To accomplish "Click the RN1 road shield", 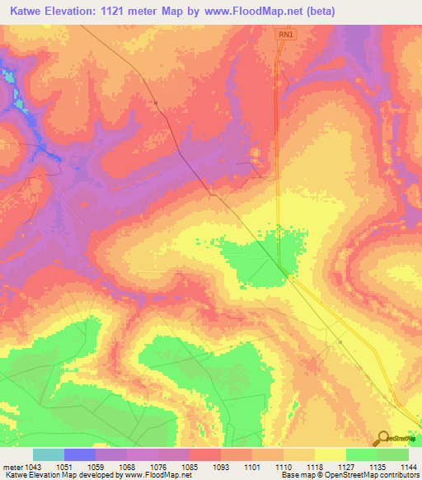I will (x=285, y=35).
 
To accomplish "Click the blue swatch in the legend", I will (x=80, y=454).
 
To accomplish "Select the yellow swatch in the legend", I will (x=331, y=454).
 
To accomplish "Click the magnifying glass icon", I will (x=382, y=439).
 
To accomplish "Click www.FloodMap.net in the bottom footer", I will (x=163, y=475).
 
